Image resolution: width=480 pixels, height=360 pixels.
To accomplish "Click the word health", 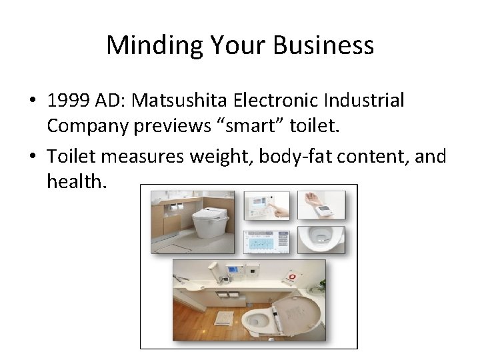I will click(73, 180).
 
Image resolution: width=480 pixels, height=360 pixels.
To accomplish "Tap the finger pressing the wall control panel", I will click(280, 212).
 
